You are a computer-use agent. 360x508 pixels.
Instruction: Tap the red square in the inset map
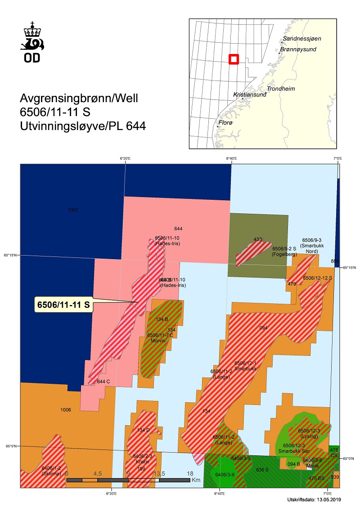tap(234, 59)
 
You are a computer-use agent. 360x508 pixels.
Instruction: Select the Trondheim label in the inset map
tap(281, 89)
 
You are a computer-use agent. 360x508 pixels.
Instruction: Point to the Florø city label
tap(225, 122)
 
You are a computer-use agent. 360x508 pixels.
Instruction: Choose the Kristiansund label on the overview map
tap(248, 95)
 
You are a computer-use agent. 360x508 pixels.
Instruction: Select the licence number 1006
tap(66, 410)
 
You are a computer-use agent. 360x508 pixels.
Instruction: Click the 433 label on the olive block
tap(258, 239)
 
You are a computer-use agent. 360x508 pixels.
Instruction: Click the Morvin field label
tap(158, 341)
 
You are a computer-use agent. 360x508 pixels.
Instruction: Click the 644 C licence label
tap(103, 382)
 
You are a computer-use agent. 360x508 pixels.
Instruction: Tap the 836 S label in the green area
tap(262, 469)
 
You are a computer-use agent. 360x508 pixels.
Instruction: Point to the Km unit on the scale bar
tap(196, 480)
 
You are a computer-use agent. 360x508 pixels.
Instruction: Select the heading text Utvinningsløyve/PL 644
tap(83, 126)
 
